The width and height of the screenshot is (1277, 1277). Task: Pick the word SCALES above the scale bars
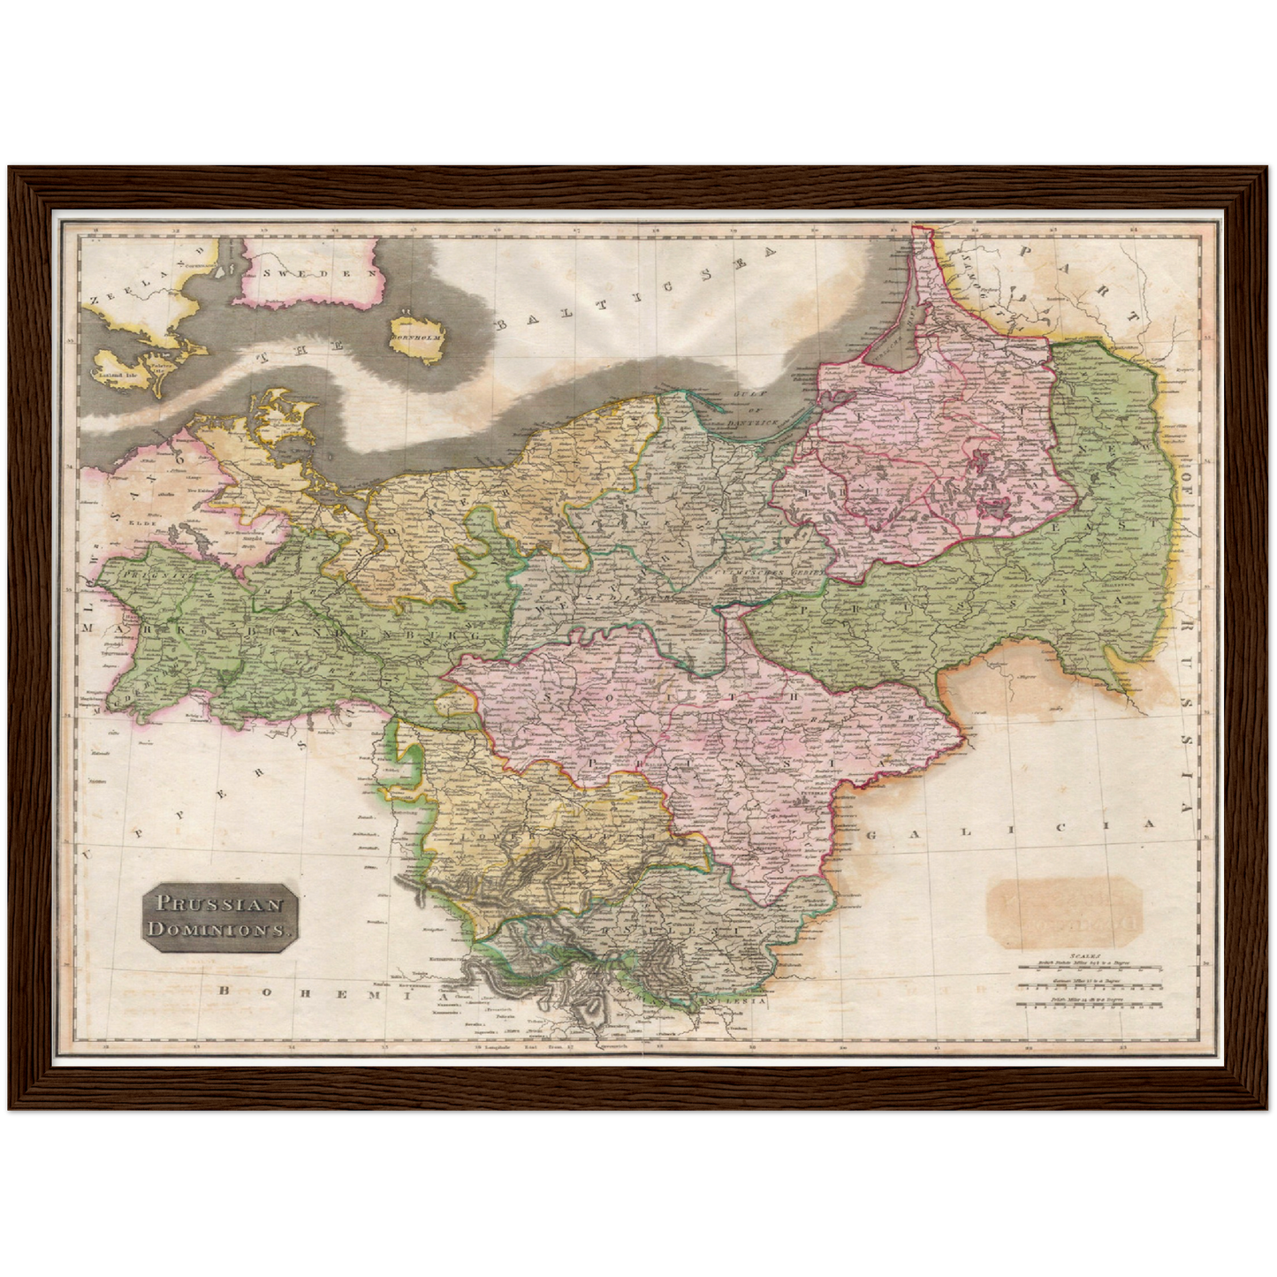click(1083, 955)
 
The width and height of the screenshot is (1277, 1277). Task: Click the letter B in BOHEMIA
click(224, 991)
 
